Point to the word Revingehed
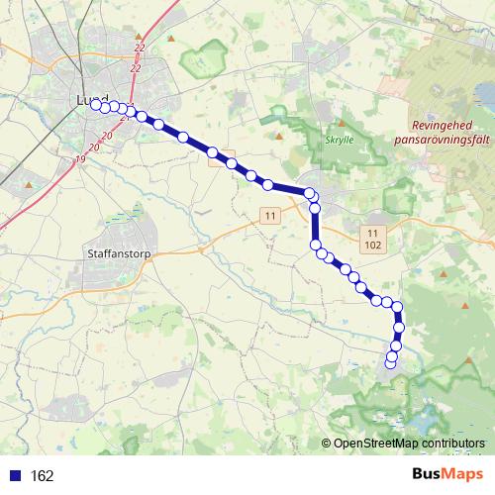[443, 127]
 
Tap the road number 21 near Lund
[125, 117]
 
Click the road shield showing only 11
[268, 214]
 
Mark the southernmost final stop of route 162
[390, 363]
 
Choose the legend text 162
[42, 475]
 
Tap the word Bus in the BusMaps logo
[428, 474]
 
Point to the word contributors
[451, 444]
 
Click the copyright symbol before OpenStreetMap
[328, 444]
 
